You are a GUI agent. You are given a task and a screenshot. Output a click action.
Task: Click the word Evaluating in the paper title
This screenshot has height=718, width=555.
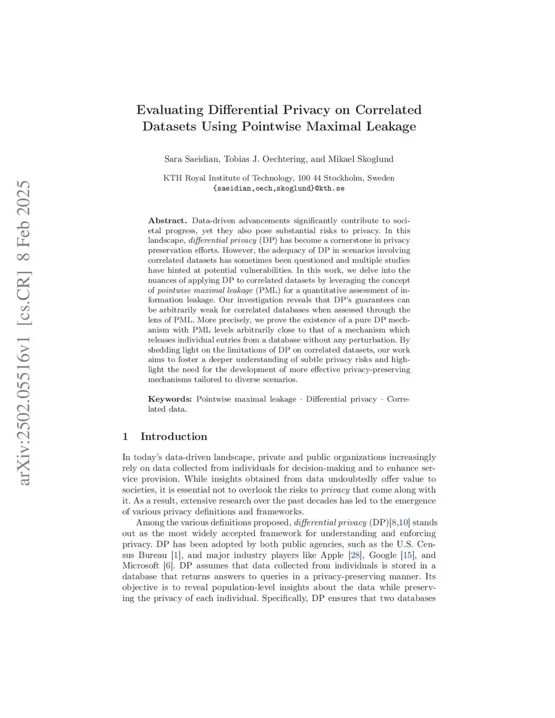pyautogui.click(x=170, y=110)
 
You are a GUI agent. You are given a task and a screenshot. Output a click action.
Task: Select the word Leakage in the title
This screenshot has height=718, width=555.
pyautogui.click(x=390, y=127)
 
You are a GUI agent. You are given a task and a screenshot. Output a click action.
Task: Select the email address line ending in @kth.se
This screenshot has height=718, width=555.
pyautogui.click(x=279, y=189)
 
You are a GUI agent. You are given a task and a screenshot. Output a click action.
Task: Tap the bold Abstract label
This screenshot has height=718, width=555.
pyautogui.click(x=167, y=221)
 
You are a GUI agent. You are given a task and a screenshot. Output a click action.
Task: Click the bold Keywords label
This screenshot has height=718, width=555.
pyautogui.click(x=170, y=399)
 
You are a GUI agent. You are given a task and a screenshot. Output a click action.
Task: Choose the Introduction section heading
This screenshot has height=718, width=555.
pyautogui.click(x=173, y=437)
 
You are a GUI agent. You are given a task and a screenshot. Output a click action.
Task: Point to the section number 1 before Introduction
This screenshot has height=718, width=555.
pyautogui.click(x=125, y=437)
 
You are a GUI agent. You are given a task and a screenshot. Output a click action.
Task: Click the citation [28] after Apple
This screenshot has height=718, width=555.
pyautogui.click(x=356, y=555)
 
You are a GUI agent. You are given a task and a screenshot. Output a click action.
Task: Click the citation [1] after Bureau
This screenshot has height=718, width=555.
pyautogui.click(x=176, y=555)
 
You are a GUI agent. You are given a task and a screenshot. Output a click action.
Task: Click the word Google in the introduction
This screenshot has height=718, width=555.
pyautogui.click(x=383, y=555)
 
